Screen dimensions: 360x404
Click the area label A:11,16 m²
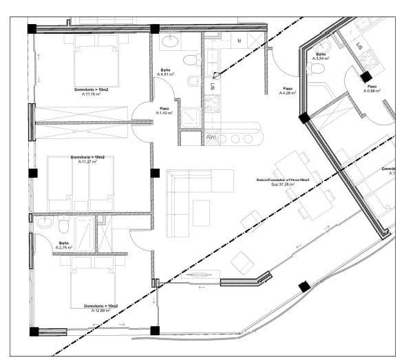point(91,94)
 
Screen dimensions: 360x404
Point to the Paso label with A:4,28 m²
point(288,91)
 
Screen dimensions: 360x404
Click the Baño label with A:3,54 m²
point(321,57)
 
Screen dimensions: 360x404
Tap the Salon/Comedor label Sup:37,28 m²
point(282,182)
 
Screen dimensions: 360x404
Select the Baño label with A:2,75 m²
point(64,245)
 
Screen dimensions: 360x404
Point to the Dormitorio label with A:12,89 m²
point(101,308)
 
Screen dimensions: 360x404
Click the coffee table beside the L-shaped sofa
point(201,212)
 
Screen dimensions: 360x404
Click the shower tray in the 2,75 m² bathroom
point(85,233)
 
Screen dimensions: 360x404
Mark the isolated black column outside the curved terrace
point(304,286)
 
